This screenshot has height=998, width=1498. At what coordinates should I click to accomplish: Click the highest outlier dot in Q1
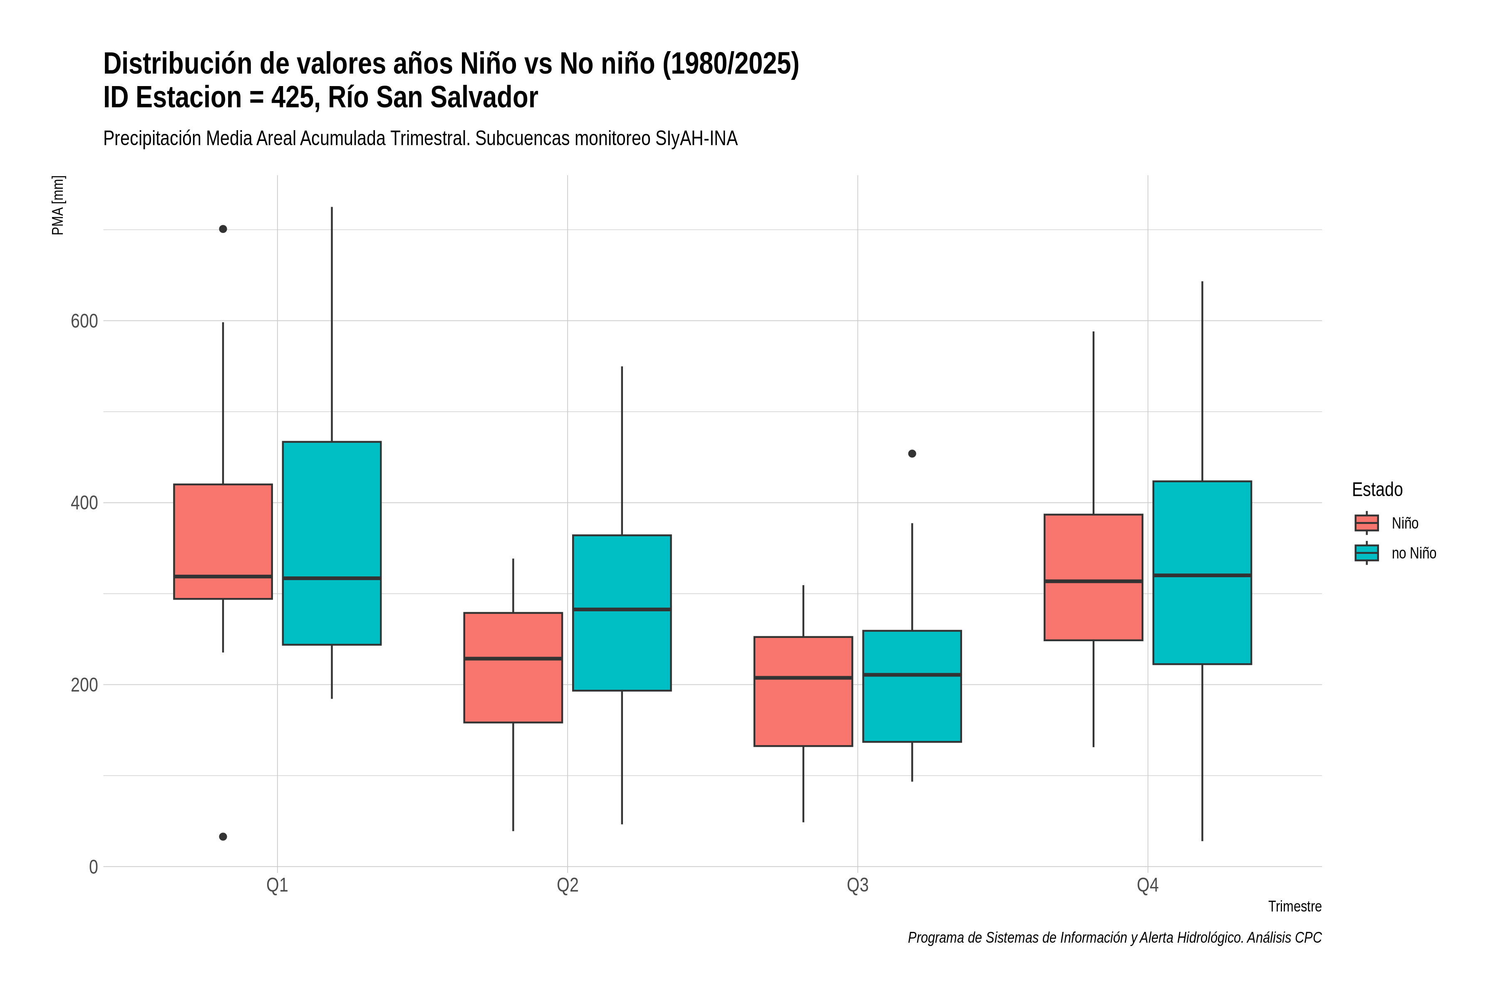point(223,229)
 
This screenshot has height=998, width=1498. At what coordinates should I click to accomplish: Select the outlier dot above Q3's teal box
point(912,454)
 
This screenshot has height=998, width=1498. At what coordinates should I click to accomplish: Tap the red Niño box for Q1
point(223,542)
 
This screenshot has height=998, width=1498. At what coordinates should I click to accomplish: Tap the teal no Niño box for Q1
point(332,543)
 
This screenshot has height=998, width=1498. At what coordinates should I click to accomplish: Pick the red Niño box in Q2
point(513,668)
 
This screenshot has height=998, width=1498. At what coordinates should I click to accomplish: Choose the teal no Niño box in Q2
point(622,613)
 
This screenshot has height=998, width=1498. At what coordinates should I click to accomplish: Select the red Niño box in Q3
point(803,691)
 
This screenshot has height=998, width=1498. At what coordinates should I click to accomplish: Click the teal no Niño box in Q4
point(1203,573)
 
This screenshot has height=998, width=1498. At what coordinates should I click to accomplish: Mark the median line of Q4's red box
point(1094,581)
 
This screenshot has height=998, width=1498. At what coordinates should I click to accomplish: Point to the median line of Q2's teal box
point(622,610)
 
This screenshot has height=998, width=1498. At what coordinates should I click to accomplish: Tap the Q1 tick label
point(277,885)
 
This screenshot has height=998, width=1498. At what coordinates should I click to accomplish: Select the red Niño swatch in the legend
point(1367,523)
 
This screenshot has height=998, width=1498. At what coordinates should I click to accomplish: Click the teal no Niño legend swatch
point(1367,553)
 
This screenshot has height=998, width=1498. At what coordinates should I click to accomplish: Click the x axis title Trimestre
point(1295,907)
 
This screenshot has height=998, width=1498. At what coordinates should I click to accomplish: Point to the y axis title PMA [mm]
point(58,205)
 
